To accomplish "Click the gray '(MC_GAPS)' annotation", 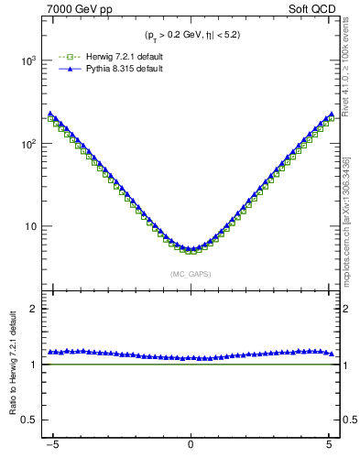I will pyautogui.click(x=190, y=273).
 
